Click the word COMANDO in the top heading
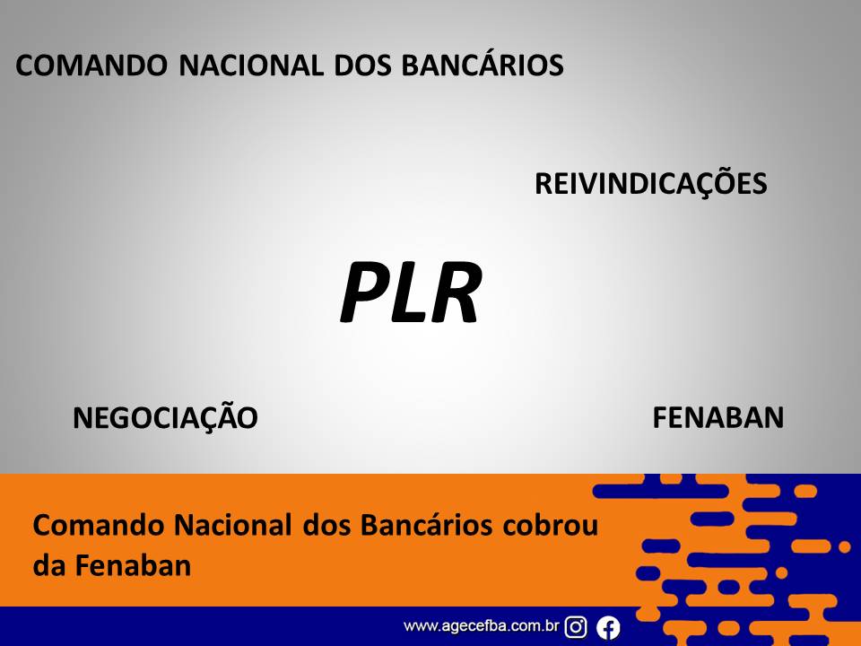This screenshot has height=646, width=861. pyautogui.click(x=91, y=65)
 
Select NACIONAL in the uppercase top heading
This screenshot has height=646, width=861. pyautogui.click(x=251, y=65)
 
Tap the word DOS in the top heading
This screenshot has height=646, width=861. pyautogui.click(x=362, y=65)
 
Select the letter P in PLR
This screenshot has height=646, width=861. pyautogui.click(x=366, y=292)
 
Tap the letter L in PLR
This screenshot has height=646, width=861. pyautogui.click(x=410, y=292)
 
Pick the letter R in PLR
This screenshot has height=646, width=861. pyautogui.click(x=457, y=292)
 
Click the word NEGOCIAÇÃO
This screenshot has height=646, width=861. pyautogui.click(x=165, y=415)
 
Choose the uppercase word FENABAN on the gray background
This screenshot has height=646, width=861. pyautogui.click(x=717, y=417)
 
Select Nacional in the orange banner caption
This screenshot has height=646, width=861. pyautogui.click(x=232, y=525)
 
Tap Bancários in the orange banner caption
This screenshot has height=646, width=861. pyautogui.click(x=426, y=525)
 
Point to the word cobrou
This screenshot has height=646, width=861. pyautogui.click(x=550, y=525)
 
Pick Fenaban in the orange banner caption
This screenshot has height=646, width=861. pyautogui.click(x=133, y=565)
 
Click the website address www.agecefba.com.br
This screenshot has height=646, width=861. pyautogui.click(x=481, y=626)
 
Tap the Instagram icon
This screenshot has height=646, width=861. pyautogui.click(x=576, y=627)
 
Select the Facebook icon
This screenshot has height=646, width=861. pyautogui.click(x=608, y=627)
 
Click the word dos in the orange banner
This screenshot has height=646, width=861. pyautogui.click(x=326, y=525)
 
